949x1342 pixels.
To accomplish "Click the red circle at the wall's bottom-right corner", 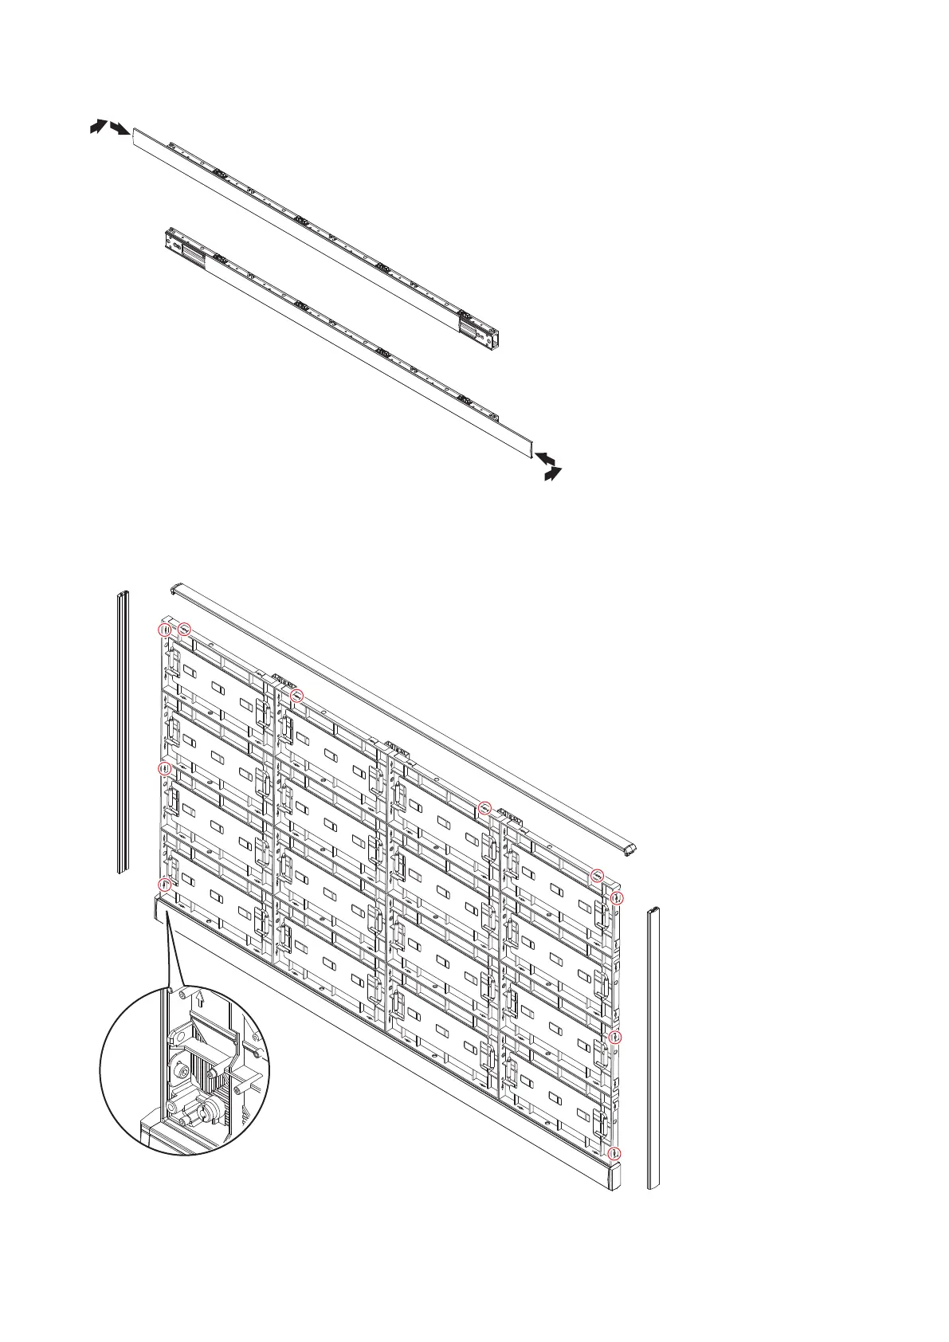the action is click(x=614, y=1153).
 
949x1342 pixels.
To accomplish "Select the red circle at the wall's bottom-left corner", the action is click(x=164, y=884).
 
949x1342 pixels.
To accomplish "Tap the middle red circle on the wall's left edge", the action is click(x=164, y=769).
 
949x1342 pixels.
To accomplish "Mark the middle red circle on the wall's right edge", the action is click(x=614, y=1037).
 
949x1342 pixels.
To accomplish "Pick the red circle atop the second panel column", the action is click(x=297, y=696).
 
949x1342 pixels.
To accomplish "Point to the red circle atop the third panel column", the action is click(x=484, y=809).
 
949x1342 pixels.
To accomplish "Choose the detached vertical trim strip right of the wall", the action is click(x=653, y=1047).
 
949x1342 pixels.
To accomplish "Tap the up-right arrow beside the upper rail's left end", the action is click(x=97, y=126).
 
